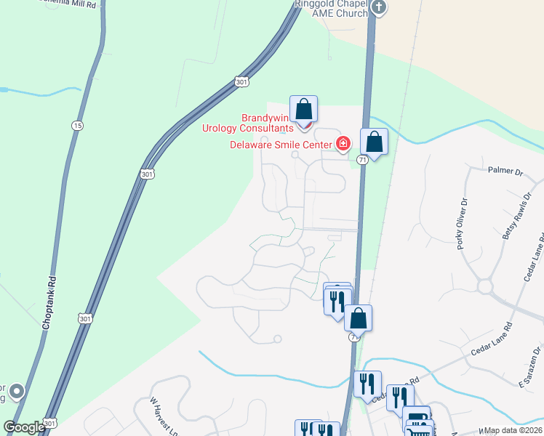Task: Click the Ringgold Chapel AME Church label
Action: coord(332,8)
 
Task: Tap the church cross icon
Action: coord(378,8)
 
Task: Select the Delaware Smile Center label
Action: coord(281,145)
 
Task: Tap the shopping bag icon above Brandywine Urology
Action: coord(304,110)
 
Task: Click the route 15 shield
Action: coord(77,126)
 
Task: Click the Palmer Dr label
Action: coord(505,172)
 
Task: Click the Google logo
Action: coord(24,427)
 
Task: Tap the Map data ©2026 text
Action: coord(513,430)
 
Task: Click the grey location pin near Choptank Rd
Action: coord(17,392)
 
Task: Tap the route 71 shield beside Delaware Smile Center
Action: coord(362,159)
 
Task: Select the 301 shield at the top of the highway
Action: coord(241,82)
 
